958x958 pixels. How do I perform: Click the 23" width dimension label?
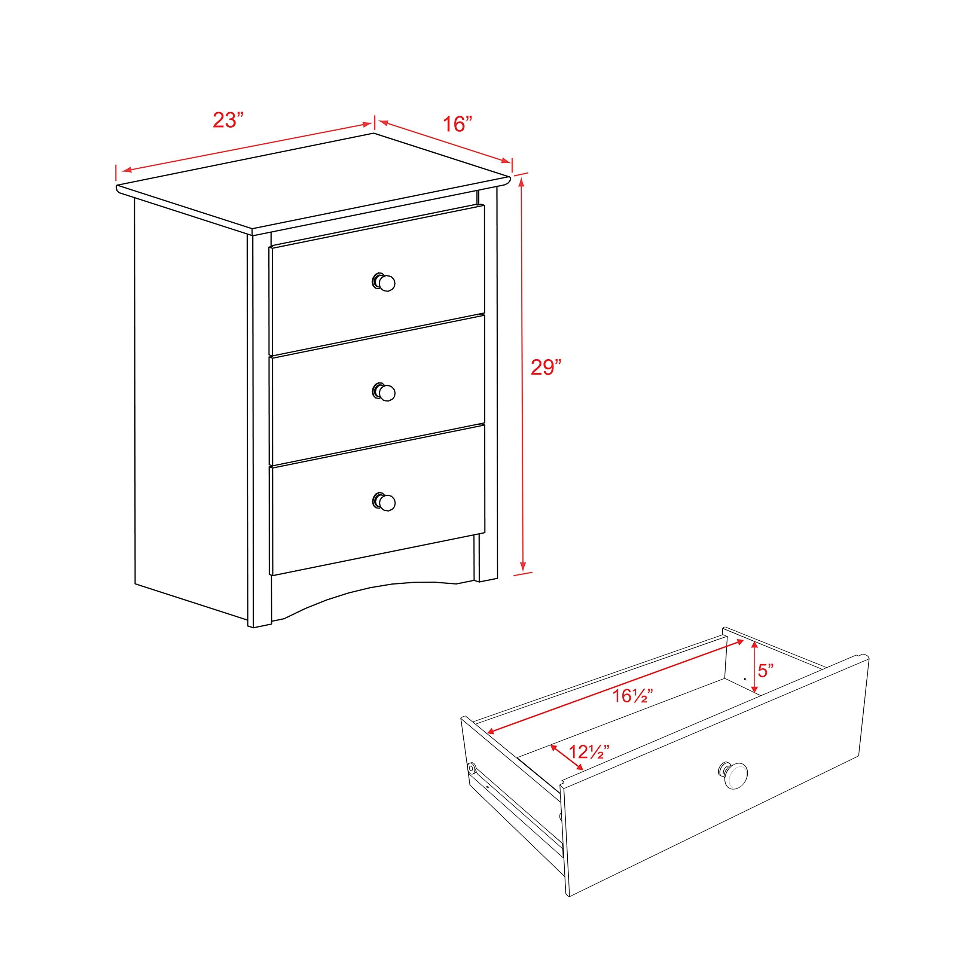(228, 120)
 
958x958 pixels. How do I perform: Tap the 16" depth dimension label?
(457, 123)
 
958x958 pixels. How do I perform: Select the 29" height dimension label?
(546, 367)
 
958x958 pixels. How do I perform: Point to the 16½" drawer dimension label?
(632, 696)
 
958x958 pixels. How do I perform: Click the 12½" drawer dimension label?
(589, 752)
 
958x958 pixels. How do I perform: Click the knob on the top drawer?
(384, 283)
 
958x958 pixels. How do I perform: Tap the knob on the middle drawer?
(384, 392)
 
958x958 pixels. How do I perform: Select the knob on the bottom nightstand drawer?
(384, 502)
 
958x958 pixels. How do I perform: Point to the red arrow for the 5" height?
(754, 666)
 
